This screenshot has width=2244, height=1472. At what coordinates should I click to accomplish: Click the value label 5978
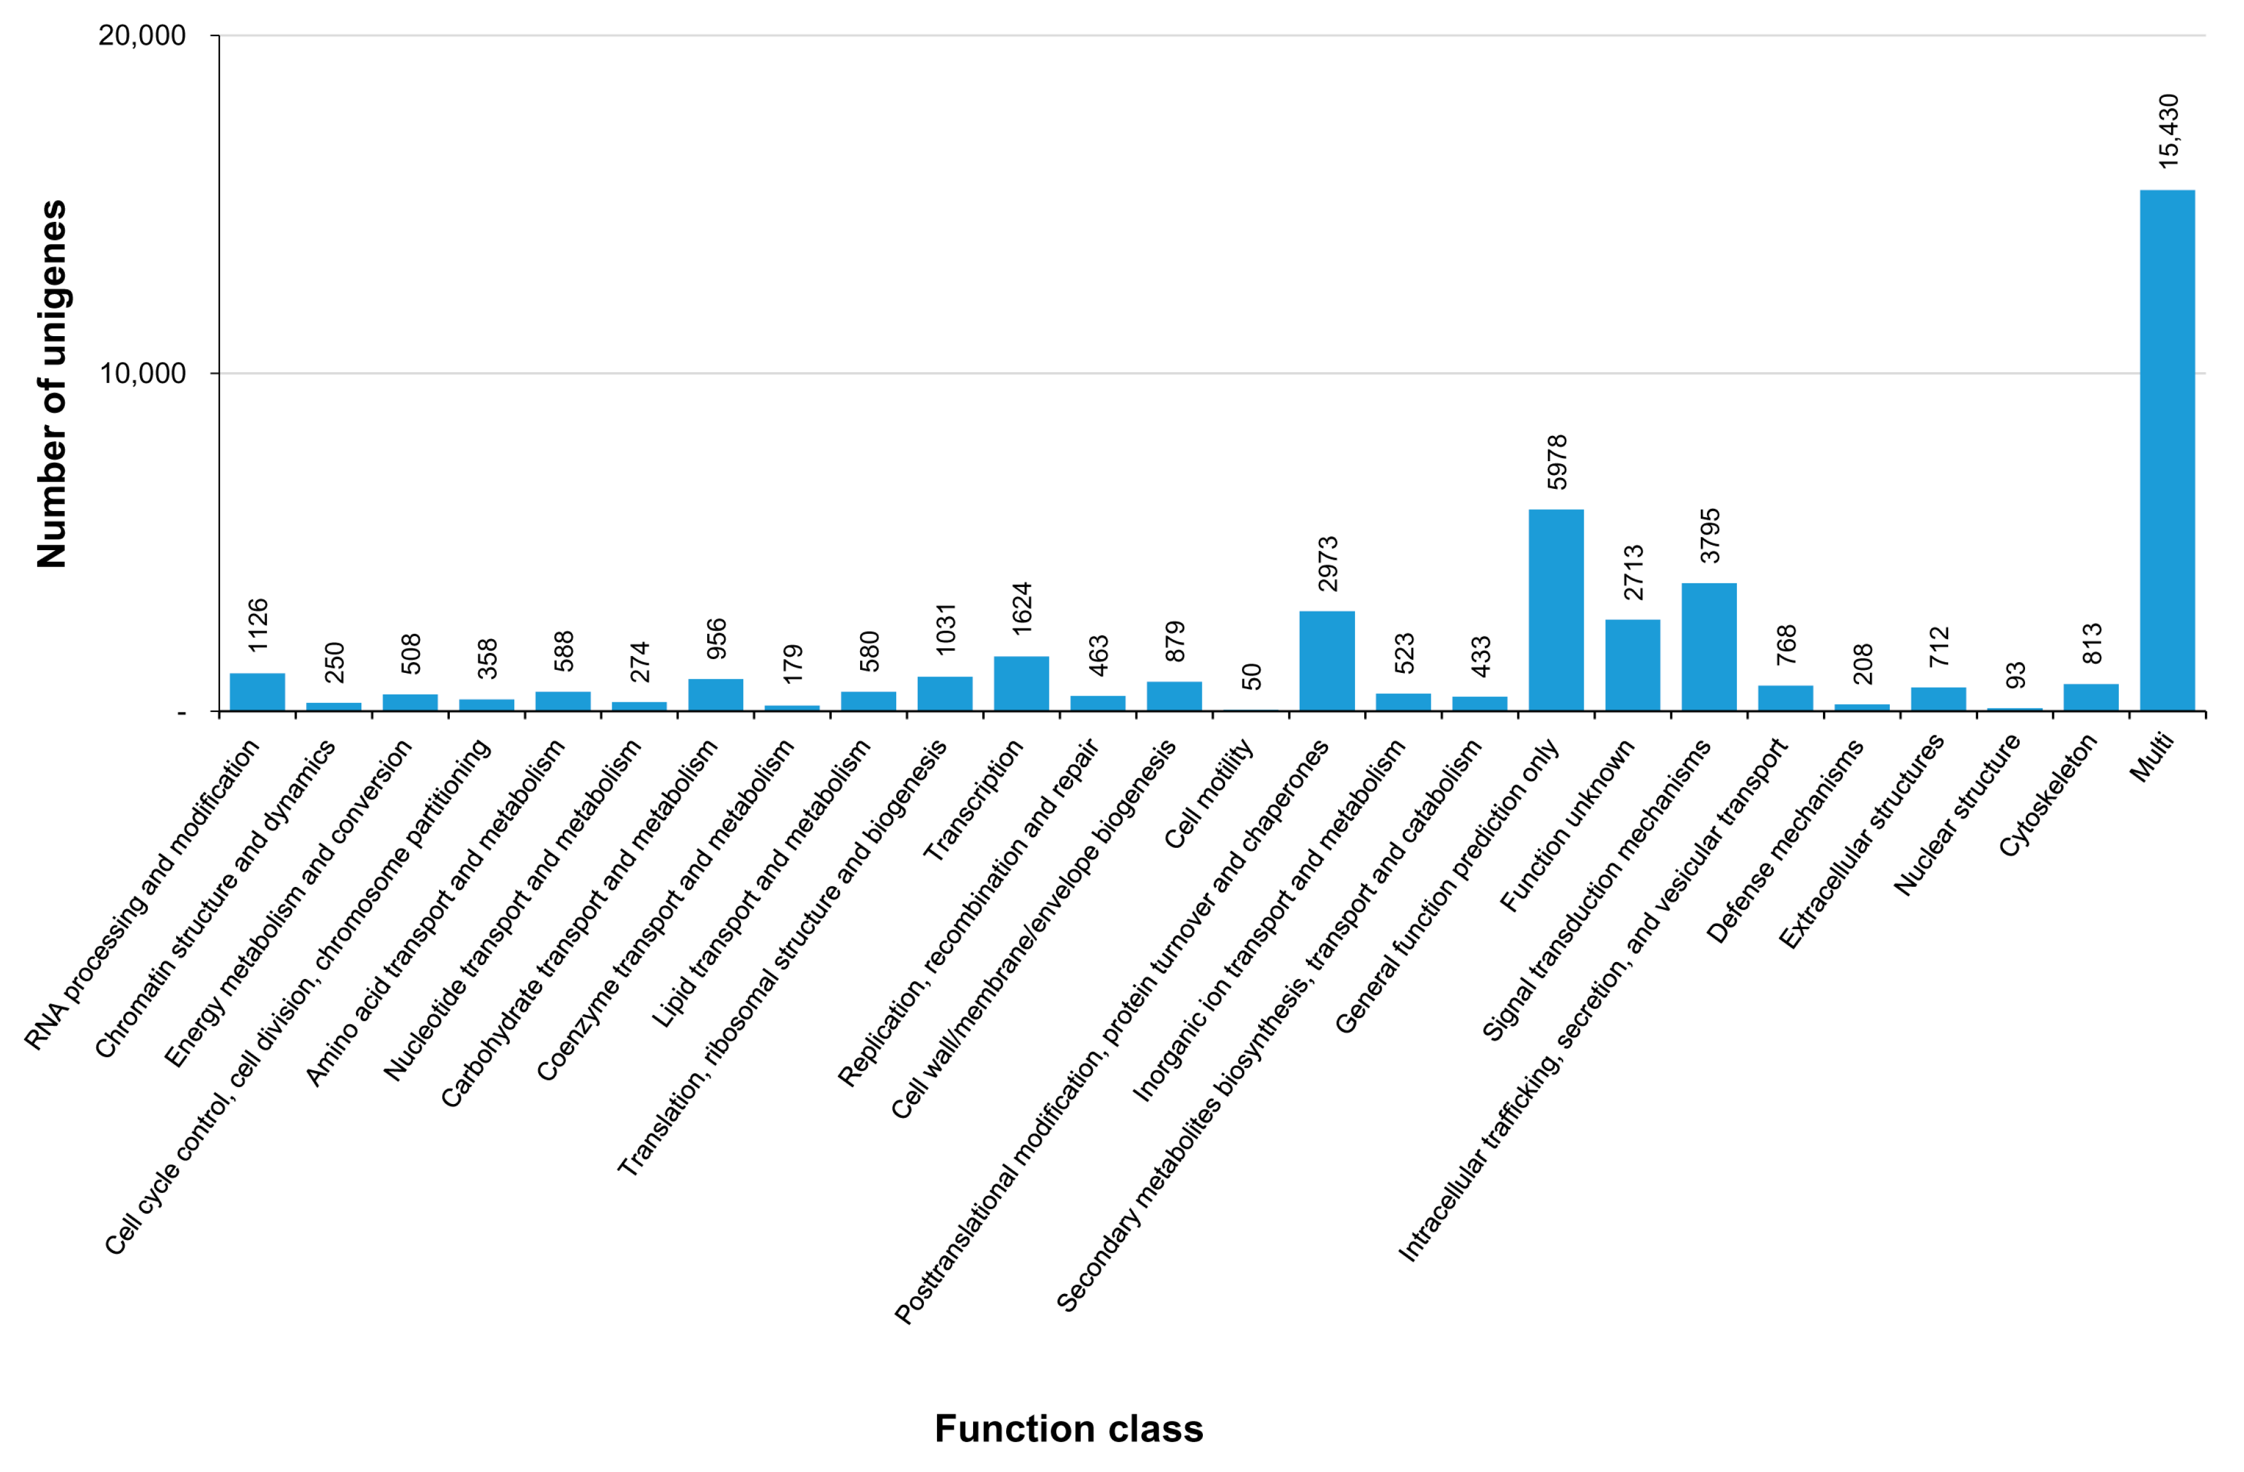[x=1557, y=462]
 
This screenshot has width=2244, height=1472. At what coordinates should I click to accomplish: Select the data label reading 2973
[x=1327, y=563]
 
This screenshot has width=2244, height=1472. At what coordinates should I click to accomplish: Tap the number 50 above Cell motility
[x=1250, y=676]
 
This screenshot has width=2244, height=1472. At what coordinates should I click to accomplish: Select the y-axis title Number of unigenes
[x=52, y=384]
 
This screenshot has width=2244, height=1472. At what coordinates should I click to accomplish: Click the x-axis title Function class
[x=1068, y=1429]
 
